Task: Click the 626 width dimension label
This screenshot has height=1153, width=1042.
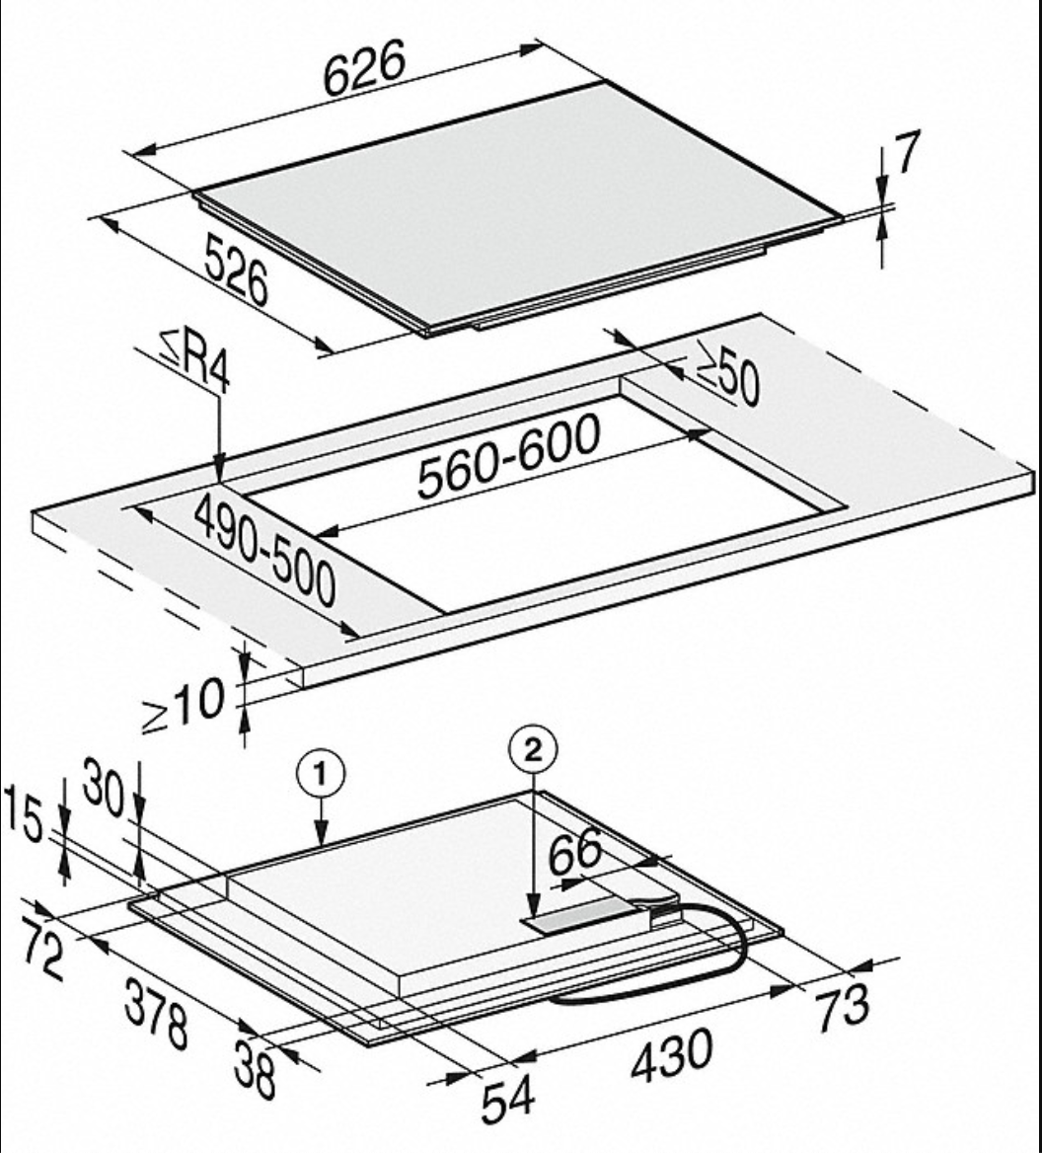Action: point(364,67)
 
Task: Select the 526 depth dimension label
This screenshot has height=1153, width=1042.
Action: point(236,269)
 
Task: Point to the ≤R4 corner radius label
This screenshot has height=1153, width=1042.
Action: point(194,361)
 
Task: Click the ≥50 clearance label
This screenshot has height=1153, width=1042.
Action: point(728,373)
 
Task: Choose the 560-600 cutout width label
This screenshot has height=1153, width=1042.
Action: point(508,457)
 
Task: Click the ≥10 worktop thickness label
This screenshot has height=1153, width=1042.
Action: point(183,705)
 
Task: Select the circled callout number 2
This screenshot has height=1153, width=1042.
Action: point(533,750)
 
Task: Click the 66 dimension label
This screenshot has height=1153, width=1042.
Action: point(575,852)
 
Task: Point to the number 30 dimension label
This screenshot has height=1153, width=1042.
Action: point(104,787)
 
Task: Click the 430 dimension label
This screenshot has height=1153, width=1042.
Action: point(672,1055)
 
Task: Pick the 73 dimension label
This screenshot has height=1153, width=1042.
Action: point(843,1005)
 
